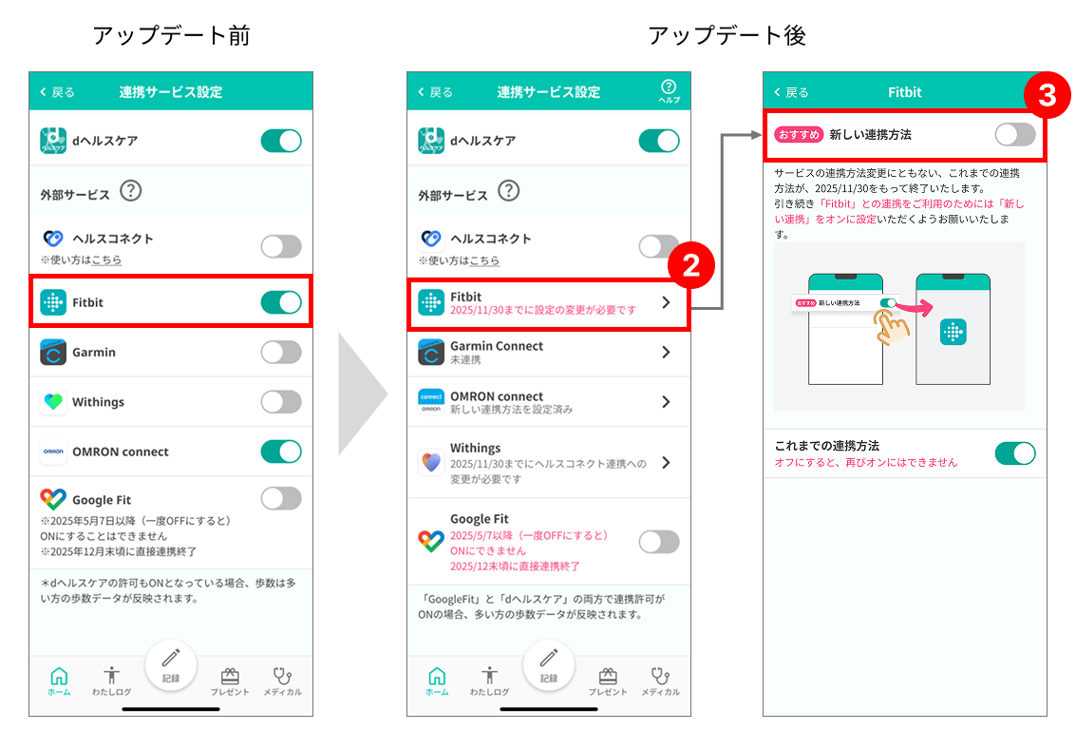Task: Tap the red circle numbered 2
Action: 691,265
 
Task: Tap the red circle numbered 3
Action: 1048,95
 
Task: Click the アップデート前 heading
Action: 172,35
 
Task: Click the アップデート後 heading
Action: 727,35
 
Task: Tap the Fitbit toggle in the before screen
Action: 281,302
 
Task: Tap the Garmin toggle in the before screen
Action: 281,353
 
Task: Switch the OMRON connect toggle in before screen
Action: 281,452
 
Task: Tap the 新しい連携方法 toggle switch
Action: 1015,135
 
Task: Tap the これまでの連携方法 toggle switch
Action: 1015,453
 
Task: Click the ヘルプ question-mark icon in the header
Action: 670,90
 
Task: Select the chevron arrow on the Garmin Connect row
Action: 666,353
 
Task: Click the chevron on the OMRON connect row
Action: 666,402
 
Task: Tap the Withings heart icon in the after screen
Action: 431,462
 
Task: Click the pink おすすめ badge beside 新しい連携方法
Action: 799,135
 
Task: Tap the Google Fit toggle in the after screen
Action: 659,542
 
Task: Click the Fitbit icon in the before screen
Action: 53,302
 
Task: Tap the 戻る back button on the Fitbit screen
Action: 791,92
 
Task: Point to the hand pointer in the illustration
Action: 891,326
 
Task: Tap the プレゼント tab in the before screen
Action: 230,682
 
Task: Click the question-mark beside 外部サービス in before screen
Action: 131,190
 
